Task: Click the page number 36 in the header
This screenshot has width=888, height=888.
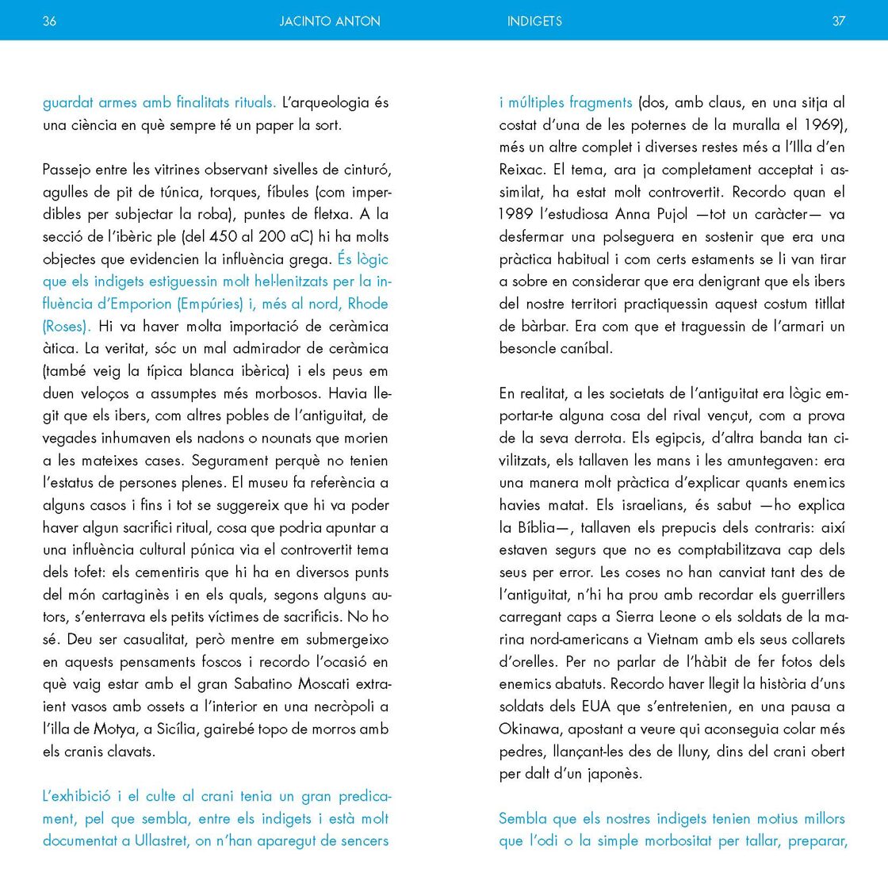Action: pyautogui.click(x=49, y=21)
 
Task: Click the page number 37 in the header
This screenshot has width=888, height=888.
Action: pyautogui.click(x=839, y=21)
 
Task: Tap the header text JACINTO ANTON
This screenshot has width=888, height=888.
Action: pyautogui.click(x=330, y=21)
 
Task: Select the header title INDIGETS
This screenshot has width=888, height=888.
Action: pyautogui.click(x=534, y=21)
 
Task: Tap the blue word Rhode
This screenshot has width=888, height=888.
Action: pyautogui.click(x=368, y=304)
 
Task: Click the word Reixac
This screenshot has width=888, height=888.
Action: pyautogui.click(x=521, y=170)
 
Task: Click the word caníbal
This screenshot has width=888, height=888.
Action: pyautogui.click(x=586, y=348)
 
